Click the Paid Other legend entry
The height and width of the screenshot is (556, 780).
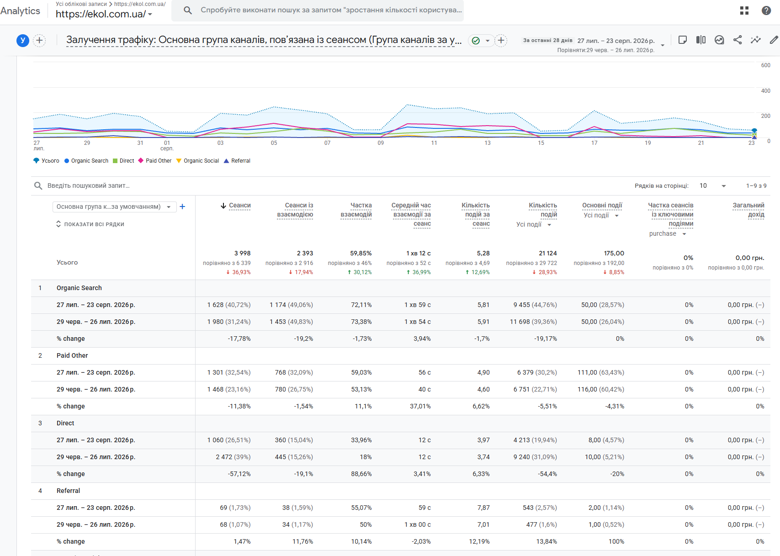click(x=155, y=160)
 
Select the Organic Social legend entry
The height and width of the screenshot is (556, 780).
click(x=197, y=160)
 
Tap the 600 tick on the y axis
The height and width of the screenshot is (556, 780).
click(x=765, y=65)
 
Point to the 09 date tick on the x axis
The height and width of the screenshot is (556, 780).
click(x=381, y=143)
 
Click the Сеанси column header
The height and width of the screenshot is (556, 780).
click(x=239, y=206)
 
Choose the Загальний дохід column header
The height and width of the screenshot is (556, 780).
click(x=748, y=210)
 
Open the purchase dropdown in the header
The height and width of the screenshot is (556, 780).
click(x=667, y=233)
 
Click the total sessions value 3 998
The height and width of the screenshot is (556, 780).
click(x=242, y=253)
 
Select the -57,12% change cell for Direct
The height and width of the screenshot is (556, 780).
click(x=239, y=474)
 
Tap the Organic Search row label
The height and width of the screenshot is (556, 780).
click(x=79, y=288)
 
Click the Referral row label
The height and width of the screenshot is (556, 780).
click(x=68, y=491)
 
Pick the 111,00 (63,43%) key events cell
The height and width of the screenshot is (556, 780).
click(x=601, y=372)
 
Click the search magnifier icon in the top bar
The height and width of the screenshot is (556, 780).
click(x=188, y=11)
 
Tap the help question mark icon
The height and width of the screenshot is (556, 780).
click(x=766, y=11)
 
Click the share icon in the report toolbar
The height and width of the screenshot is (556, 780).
click(x=737, y=40)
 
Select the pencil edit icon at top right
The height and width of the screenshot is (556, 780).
click(x=774, y=40)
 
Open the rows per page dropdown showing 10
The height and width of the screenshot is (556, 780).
click(x=712, y=185)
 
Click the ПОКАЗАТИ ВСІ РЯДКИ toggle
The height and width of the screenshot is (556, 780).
click(x=90, y=224)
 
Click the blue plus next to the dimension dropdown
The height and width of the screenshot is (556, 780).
click(x=182, y=207)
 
